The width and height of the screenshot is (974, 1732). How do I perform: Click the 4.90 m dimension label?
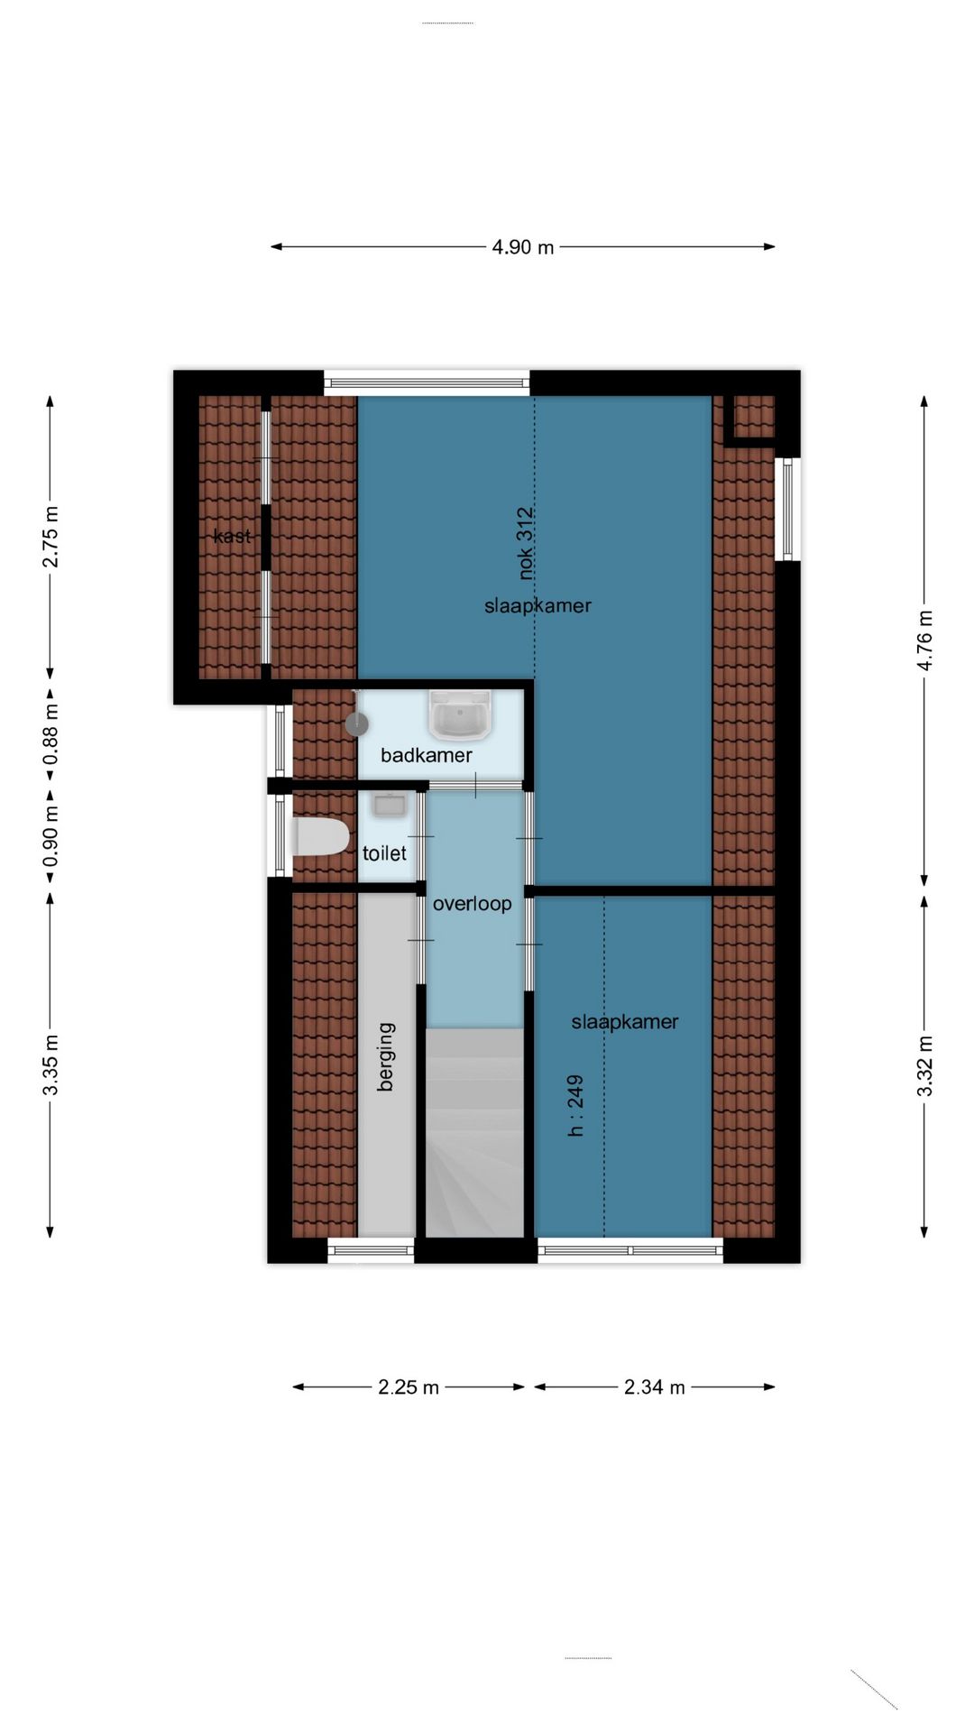tap(522, 246)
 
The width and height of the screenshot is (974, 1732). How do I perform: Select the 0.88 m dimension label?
tap(51, 732)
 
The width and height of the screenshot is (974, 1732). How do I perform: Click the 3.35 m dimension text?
tap(51, 1065)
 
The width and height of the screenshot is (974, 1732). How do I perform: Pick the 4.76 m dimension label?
tap(925, 640)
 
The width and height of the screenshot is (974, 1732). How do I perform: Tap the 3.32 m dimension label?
tap(925, 1066)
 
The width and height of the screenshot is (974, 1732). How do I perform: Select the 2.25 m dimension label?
tap(409, 1387)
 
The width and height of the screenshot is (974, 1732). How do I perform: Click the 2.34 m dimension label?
tap(655, 1387)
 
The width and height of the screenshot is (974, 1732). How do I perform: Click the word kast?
tap(232, 536)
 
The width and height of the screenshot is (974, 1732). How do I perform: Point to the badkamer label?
tap(427, 755)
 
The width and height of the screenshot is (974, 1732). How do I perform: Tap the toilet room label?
tap(384, 852)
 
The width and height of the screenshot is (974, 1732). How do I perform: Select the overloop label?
tap(472, 903)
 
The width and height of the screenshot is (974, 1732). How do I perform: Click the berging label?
tap(386, 1056)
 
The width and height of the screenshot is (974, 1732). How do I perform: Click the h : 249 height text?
tap(575, 1105)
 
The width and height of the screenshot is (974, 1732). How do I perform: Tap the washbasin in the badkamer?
tap(461, 715)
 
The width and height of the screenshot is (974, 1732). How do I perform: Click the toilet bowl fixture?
tap(320, 836)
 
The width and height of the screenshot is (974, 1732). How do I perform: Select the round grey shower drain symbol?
tap(357, 723)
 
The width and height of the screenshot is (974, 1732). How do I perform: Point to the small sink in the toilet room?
tap(391, 805)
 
